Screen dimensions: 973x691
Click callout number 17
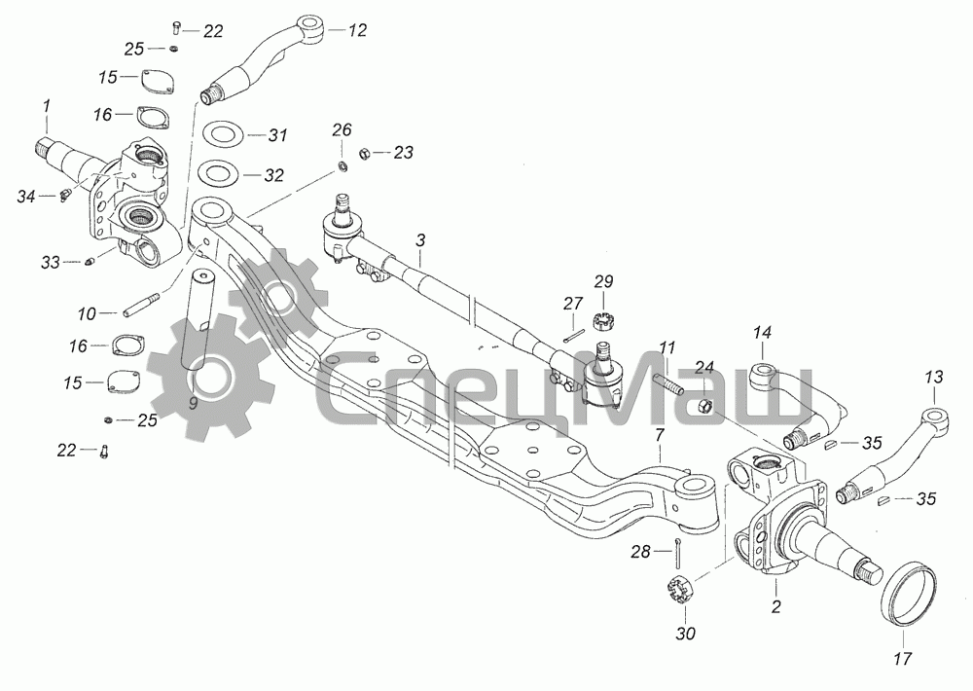pyautogui.click(x=903, y=658)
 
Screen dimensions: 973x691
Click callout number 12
pyautogui.click(x=357, y=30)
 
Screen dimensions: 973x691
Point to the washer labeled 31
pyautogui.click(x=224, y=133)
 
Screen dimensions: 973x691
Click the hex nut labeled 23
pyautogui.click(x=366, y=152)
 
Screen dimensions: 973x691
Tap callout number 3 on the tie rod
pyautogui.click(x=420, y=240)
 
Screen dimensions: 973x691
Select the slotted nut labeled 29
pyautogui.click(x=601, y=322)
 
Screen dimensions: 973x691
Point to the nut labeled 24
pyautogui.click(x=704, y=407)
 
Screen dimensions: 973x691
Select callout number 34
pyautogui.click(x=26, y=198)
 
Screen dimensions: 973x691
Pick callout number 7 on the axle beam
pyautogui.click(x=659, y=435)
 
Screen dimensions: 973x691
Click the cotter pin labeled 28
pyautogui.click(x=679, y=553)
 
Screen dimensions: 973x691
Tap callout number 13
pyautogui.click(x=933, y=377)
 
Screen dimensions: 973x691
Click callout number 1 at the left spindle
pyautogui.click(x=46, y=106)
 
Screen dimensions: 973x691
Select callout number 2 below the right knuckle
pyautogui.click(x=775, y=606)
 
